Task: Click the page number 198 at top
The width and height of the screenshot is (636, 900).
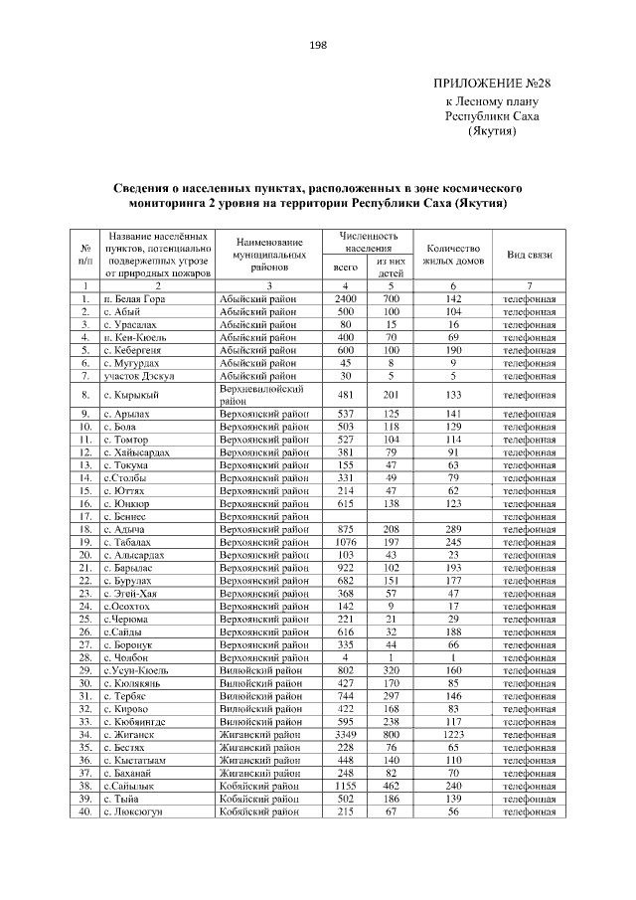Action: pos(318,45)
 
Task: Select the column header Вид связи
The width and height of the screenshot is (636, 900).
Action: pos(530,256)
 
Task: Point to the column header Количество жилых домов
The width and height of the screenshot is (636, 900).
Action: pos(452,256)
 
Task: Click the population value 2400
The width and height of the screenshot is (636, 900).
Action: pos(346,298)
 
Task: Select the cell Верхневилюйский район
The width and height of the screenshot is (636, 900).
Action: pos(263,395)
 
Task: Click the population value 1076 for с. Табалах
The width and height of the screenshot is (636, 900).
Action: pos(346,543)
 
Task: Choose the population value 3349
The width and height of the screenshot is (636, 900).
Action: pos(346,734)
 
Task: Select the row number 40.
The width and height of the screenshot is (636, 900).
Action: pos(85,811)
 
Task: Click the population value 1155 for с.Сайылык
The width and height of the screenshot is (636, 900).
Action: pos(346,786)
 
